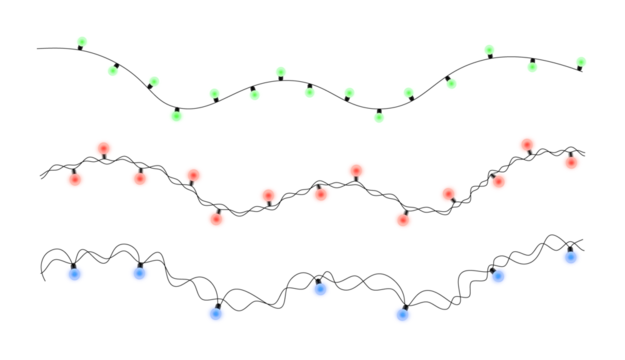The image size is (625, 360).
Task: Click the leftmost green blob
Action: point(82,42)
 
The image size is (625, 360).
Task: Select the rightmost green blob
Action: point(581,62)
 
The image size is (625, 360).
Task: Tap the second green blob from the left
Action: point(113,71)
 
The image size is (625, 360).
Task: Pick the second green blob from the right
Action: point(532,68)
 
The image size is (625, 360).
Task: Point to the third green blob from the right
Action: point(489,50)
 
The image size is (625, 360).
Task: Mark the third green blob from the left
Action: point(154,81)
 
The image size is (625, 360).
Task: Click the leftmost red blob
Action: point(75,180)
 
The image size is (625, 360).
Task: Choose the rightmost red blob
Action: point(571,163)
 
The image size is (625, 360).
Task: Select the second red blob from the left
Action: point(103,149)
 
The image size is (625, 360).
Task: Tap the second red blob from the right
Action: point(527,145)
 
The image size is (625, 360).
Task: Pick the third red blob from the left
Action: point(140,179)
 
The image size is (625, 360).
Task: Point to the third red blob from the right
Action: point(498,182)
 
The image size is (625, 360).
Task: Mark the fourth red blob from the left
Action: point(193,176)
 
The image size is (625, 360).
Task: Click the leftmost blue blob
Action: point(75,274)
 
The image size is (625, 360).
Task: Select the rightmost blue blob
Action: point(570,257)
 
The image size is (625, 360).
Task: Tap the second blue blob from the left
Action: point(139,273)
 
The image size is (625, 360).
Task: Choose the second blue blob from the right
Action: point(498,276)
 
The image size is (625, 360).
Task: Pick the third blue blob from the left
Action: point(216,314)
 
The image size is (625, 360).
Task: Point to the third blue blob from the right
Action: point(402,315)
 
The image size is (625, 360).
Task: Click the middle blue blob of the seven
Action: point(320,290)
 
